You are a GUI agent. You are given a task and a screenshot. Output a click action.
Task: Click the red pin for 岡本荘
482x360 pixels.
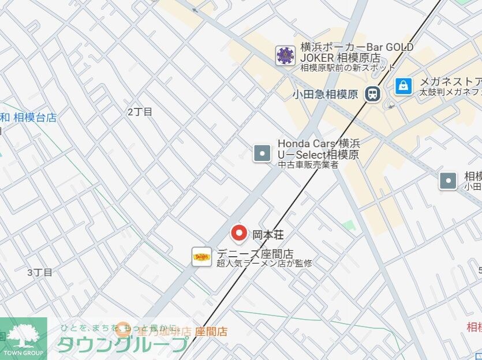coord(239,234)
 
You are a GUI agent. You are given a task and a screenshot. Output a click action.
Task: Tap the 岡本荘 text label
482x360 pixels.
coord(268,235)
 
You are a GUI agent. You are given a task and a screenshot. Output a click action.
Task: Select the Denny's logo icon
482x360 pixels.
coord(202,256)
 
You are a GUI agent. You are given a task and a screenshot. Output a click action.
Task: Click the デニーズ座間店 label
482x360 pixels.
coord(255,254)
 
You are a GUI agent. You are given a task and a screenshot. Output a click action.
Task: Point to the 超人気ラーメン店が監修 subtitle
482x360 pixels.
coord(264,264)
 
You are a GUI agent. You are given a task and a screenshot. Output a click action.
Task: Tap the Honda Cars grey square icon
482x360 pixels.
coord(262,153)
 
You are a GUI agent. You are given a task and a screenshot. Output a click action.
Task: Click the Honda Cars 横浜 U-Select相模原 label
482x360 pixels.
coord(318,149)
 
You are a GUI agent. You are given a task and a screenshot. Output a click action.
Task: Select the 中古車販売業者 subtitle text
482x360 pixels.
coord(308,165)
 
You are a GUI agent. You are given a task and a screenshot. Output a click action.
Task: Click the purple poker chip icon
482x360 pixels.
coord(285,55)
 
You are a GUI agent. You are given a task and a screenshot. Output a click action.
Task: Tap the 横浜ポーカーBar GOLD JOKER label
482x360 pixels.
coord(357,52)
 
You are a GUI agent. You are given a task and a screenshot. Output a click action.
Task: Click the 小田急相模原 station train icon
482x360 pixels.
coord(373,93)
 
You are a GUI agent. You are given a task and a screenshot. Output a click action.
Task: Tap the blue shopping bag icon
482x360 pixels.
coord(403,86)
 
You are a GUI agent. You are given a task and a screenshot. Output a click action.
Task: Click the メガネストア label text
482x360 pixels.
coord(450,81)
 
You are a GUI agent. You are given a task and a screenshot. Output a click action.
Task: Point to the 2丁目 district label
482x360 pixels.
coord(140,112)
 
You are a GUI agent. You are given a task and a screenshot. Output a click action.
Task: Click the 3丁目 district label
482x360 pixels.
coord(39,272)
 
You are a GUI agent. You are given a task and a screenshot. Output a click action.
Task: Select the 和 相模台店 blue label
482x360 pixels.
coord(29,118)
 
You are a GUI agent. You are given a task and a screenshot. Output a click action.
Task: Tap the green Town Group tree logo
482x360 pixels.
coord(24,337)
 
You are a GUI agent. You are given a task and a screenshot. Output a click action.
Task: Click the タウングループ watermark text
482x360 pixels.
coord(122,344)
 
